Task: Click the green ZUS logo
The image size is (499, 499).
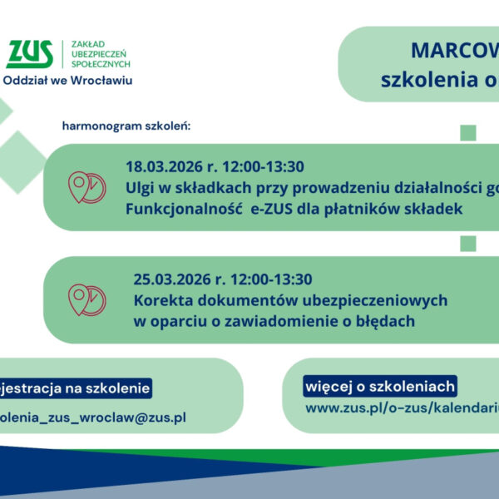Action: coord(30,54)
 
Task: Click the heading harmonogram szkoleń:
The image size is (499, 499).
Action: coord(126,126)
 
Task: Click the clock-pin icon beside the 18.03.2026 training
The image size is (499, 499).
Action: coord(86,187)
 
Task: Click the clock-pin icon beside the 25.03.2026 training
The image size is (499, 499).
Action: coord(86,299)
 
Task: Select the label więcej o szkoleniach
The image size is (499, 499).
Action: coord(380,387)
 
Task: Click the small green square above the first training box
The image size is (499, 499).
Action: coord(467,132)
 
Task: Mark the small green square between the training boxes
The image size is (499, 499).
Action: coord(467,243)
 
